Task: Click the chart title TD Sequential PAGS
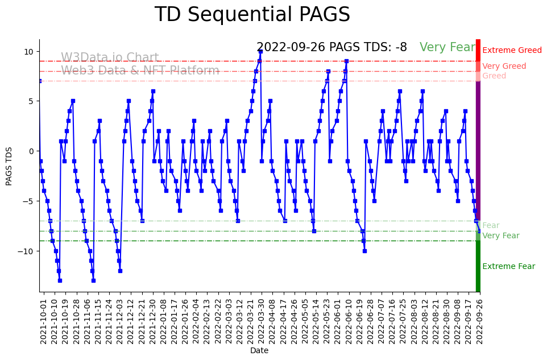click(x=252, y=15)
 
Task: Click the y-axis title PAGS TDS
click(x=9, y=165)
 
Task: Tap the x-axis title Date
click(x=259, y=351)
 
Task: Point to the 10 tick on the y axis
click(x=28, y=51)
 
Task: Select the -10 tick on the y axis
click(x=26, y=251)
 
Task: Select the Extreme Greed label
click(x=512, y=51)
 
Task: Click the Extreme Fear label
click(x=508, y=267)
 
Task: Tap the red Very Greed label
click(x=504, y=67)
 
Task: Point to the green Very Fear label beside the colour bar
click(x=500, y=236)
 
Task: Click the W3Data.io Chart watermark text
click(x=110, y=58)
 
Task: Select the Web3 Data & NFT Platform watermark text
click(x=140, y=71)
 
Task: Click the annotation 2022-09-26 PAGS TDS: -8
click(x=331, y=47)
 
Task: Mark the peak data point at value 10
click(x=260, y=52)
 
